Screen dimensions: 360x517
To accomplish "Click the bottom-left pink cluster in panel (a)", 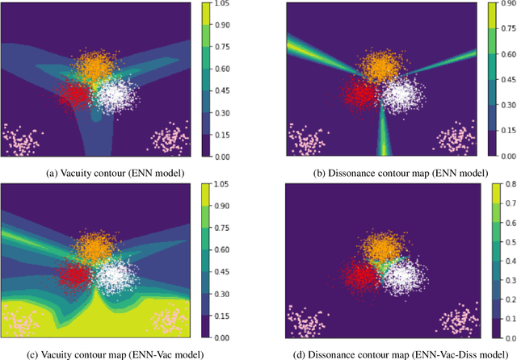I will coord(23,139).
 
